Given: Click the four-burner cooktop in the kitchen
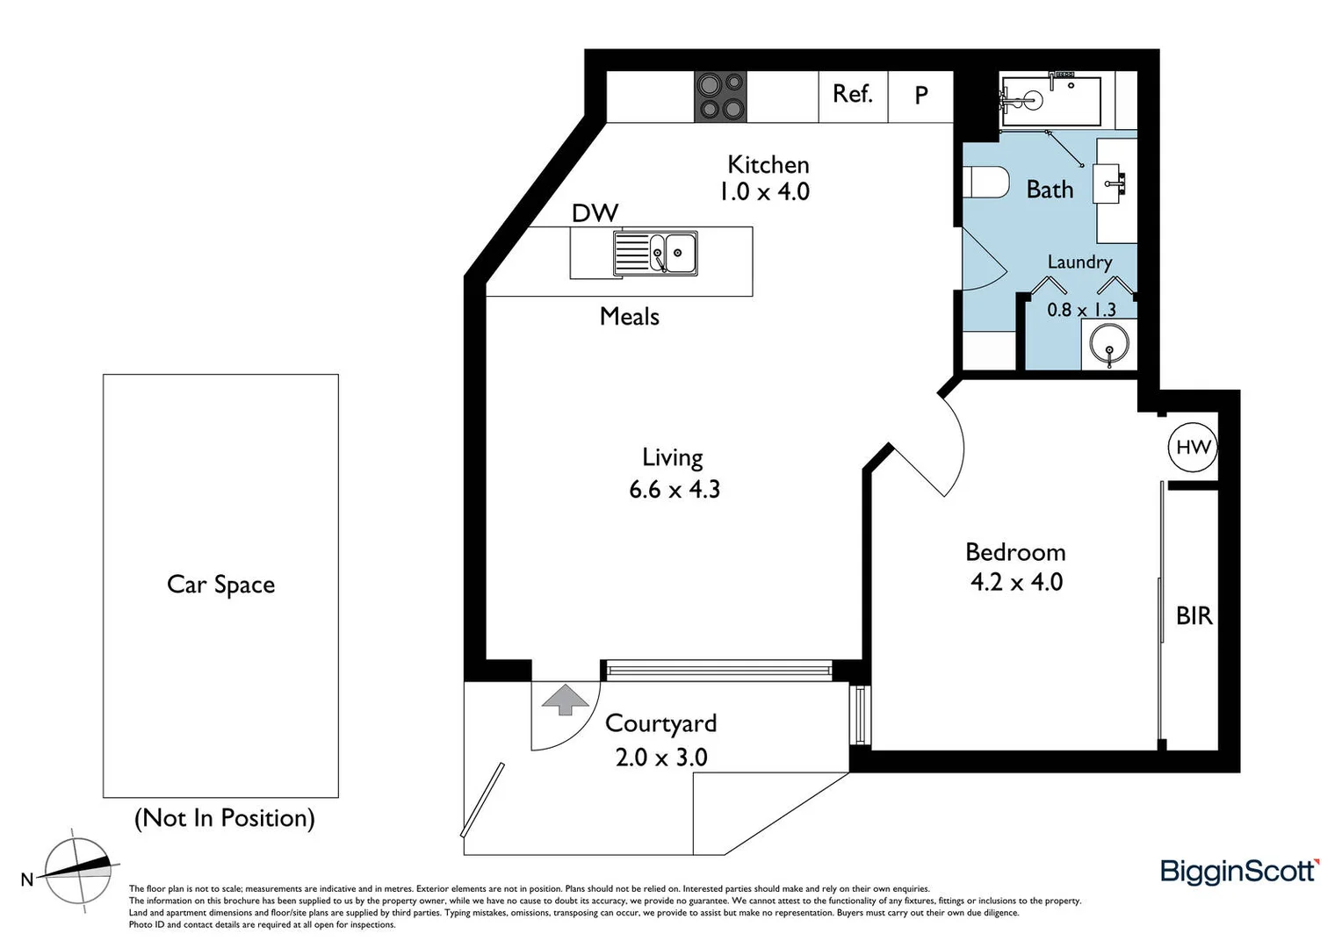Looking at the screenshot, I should click(721, 97).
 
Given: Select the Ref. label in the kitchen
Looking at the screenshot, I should click(852, 94).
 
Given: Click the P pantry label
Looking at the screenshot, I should click(921, 96).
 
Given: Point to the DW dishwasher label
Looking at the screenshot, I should click(595, 213).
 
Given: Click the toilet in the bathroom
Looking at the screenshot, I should click(984, 183).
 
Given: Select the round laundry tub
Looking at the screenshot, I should click(1109, 344).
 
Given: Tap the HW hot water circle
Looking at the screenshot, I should click(1193, 448).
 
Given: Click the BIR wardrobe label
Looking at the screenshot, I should click(1194, 616).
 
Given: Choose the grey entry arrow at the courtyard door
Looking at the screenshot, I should click(565, 700).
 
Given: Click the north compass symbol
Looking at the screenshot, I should click(78, 871).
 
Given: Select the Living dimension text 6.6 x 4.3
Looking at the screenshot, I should click(674, 490).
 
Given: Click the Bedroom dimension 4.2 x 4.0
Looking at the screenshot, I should click(1016, 582).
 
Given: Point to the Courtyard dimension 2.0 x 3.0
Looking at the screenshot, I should click(660, 757).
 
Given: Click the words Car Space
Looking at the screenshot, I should click(220, 585).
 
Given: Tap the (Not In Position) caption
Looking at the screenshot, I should click(224, 818).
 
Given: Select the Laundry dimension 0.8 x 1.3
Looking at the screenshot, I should click(1081, 310).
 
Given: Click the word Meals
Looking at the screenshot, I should click(629, 316).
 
